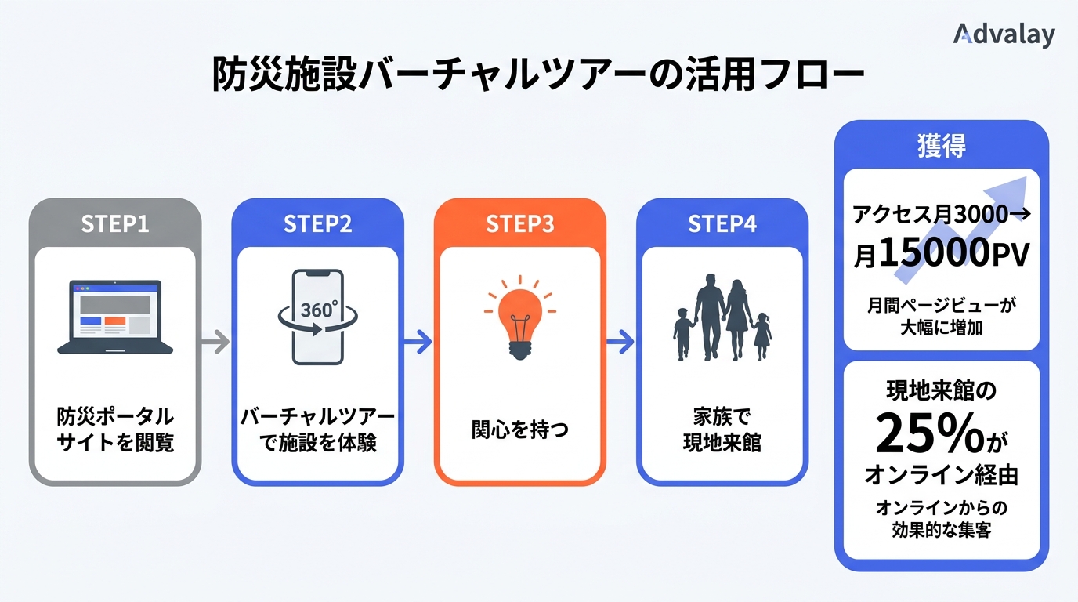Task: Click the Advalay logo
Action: coord(1004,34)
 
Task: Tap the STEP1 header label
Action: coord(115,223)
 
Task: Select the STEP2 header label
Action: coord(317,223)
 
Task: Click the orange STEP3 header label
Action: coord(520,223)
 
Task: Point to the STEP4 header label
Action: coord(722,223)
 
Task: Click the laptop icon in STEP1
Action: coord(115,316)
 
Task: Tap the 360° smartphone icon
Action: coord(317,316)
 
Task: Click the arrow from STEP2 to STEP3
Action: coord(418,341)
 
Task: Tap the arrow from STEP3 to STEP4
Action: coord(620,341)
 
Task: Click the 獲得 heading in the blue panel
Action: coord(941,146)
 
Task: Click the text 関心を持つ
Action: coord(519,429)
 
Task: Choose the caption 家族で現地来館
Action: coord(722,429)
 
